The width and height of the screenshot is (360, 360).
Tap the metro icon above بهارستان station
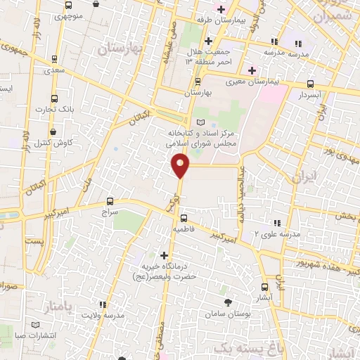198,82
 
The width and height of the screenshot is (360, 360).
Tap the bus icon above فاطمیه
184,218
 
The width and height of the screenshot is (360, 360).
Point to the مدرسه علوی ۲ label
277,232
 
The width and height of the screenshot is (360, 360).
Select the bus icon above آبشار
264,286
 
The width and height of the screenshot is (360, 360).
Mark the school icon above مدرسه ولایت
103,305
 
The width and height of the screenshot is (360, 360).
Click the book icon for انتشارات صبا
37,325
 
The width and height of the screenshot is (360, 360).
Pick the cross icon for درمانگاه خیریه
165,255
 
